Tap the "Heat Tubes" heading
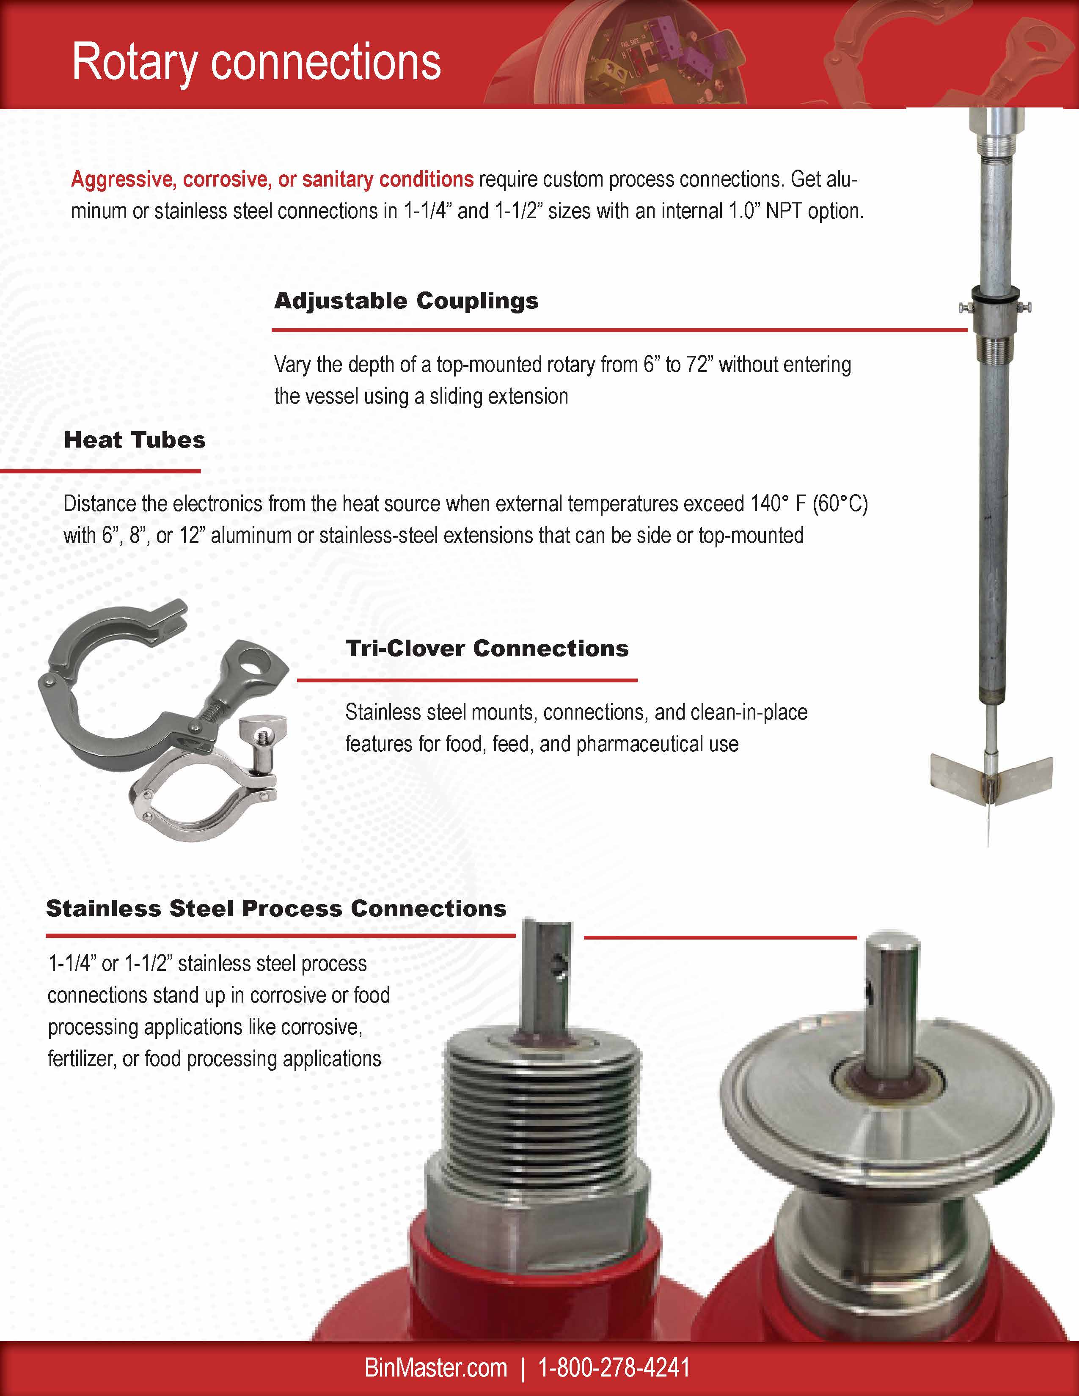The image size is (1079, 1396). pos(135,440)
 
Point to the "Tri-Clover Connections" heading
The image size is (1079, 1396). pos(487,648)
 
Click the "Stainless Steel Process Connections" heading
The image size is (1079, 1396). pos(276,908)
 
